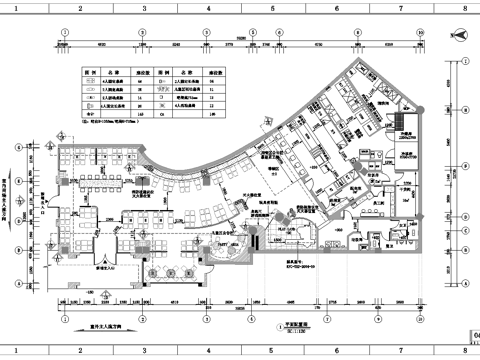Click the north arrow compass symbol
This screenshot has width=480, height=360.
[459, 33]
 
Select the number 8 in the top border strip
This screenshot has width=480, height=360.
[464, 5]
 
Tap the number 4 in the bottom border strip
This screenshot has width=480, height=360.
[207, 353]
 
